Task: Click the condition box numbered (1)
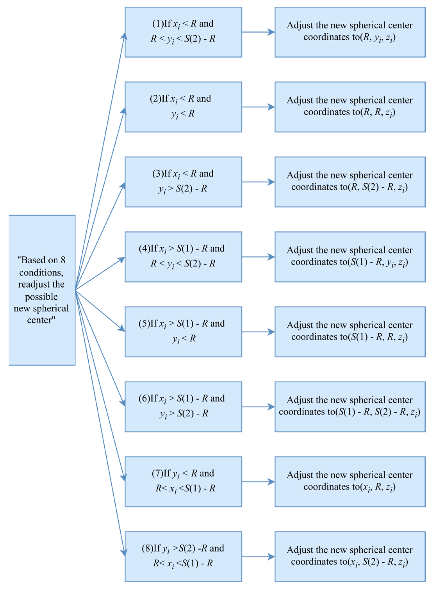click(x=183, y=32)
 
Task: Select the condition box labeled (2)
click(x=183, y=107)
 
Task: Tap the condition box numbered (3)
click(x=183, y=182)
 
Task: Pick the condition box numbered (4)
click(x=183, y=257)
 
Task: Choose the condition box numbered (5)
click(x=183, y=332)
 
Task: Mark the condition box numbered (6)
click(x=183, y=407)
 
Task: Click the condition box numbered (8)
click(x=183, y=557)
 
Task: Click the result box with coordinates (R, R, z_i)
click(x=350, y=107)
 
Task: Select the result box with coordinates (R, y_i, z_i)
click(x=350, y=32)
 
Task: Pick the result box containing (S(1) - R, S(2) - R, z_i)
click(x=350, y=407)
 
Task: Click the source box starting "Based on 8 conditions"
click(x=42, y=290)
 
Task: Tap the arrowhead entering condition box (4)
click(x=122, y=259)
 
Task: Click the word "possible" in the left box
click(x=41, y=297)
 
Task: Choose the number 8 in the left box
click(x=63, y=260)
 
